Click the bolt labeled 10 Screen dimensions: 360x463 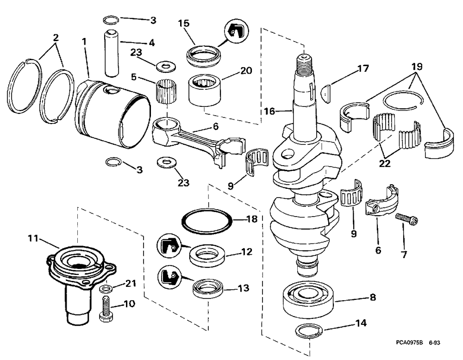[105, 309]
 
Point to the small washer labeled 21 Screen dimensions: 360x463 [105, 289]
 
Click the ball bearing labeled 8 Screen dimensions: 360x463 [307, 298]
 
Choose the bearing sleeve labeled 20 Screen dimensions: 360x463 [203, 88]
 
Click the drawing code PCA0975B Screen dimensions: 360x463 [409, 343]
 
